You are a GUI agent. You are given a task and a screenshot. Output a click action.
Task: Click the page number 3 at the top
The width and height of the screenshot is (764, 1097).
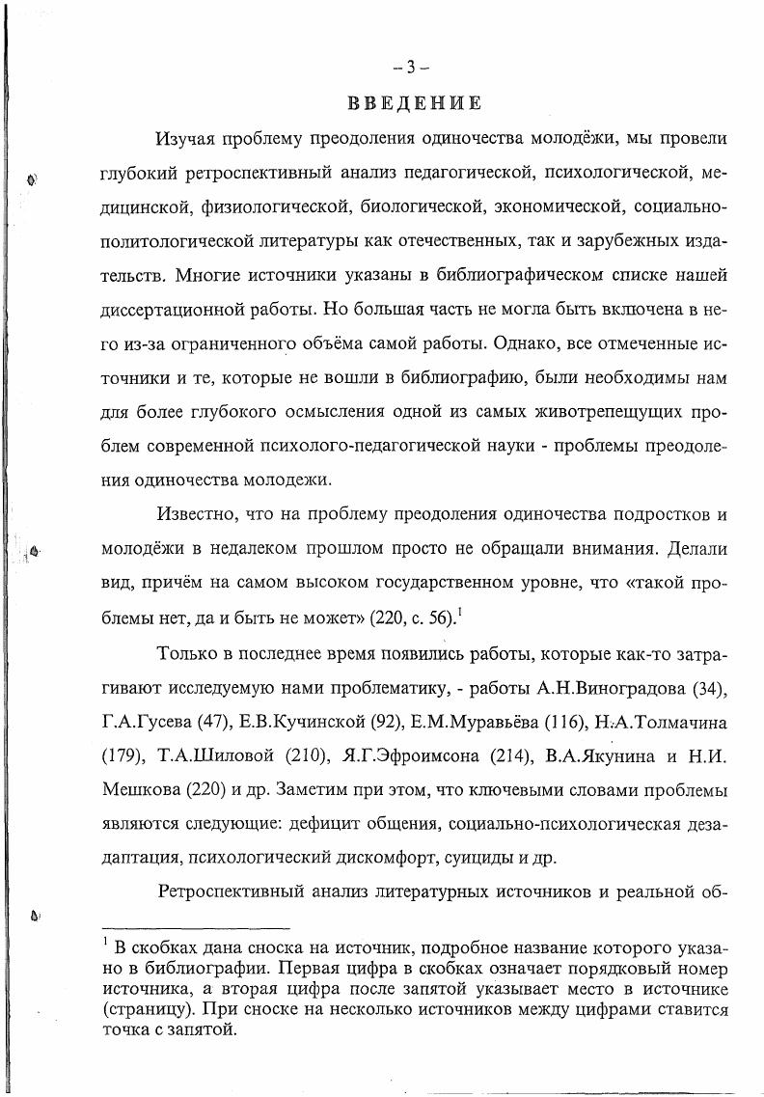[410, 67]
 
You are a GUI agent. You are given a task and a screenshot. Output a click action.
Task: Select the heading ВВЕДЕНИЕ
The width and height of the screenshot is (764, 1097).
[410, 102]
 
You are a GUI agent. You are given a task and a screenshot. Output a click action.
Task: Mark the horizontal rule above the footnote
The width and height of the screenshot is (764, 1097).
[196, 927]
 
